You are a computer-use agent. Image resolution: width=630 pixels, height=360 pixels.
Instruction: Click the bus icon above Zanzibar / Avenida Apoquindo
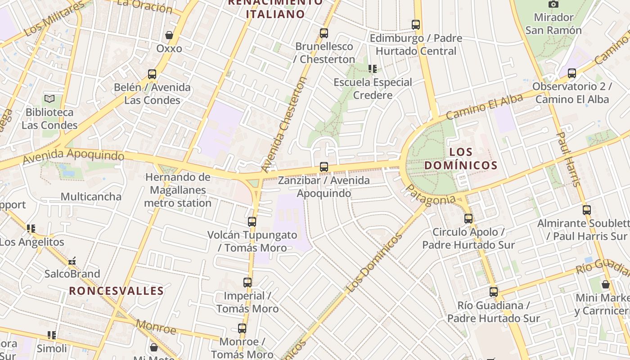[324, 167]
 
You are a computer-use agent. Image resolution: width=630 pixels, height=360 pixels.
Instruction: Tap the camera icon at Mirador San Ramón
[553, 4]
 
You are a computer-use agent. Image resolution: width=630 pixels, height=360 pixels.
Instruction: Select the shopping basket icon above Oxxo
[169, 35]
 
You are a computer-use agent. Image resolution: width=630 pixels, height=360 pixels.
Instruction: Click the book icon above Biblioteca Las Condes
[49, 99]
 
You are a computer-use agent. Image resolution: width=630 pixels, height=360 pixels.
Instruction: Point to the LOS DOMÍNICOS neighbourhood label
[461, 159]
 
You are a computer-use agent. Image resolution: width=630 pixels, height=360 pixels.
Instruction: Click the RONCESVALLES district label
[116, 291]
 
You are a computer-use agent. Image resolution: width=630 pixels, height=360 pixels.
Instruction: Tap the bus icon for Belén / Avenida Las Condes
[152, 74]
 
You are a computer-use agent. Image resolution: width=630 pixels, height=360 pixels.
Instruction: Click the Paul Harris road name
[569, 159]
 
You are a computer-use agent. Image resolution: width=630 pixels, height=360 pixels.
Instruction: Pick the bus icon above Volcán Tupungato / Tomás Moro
[252, 221]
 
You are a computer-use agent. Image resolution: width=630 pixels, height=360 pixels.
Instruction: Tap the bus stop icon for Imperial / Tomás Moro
[247, 283]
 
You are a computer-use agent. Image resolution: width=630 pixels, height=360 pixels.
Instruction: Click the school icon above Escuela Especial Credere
[372, 69]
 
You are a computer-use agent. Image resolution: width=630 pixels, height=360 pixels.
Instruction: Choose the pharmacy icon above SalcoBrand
[72, 261]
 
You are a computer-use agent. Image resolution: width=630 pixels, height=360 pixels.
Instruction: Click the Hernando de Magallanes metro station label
[178, 190]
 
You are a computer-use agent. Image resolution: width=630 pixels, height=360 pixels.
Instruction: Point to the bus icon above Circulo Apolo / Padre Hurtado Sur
[468, 219]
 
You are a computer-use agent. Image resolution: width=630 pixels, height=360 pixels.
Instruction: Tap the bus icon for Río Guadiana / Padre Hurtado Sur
[494, 292]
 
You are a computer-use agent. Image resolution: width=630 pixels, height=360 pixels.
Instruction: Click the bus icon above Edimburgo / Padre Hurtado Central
[416, 25]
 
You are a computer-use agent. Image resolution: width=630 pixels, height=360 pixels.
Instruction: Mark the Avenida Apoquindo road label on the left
[73, 156]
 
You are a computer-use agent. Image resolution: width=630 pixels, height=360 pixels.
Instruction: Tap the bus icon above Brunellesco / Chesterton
[324, 33]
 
